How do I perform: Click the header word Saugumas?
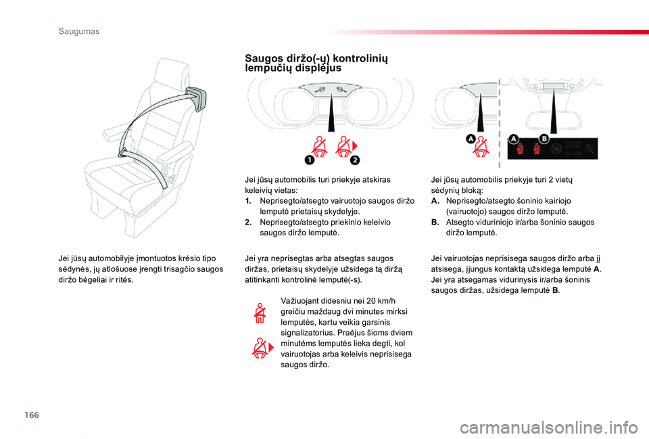[x=78, y=31]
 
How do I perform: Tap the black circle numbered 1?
[x=308, y=160]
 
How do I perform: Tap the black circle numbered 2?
[x=355, y=160]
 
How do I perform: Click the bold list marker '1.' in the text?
[x=249, y=202]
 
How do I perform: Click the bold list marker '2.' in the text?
[x=249, y=222]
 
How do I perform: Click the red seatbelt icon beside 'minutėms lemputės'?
[x=260, y=348]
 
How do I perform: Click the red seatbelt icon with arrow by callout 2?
[x=346, y=145]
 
